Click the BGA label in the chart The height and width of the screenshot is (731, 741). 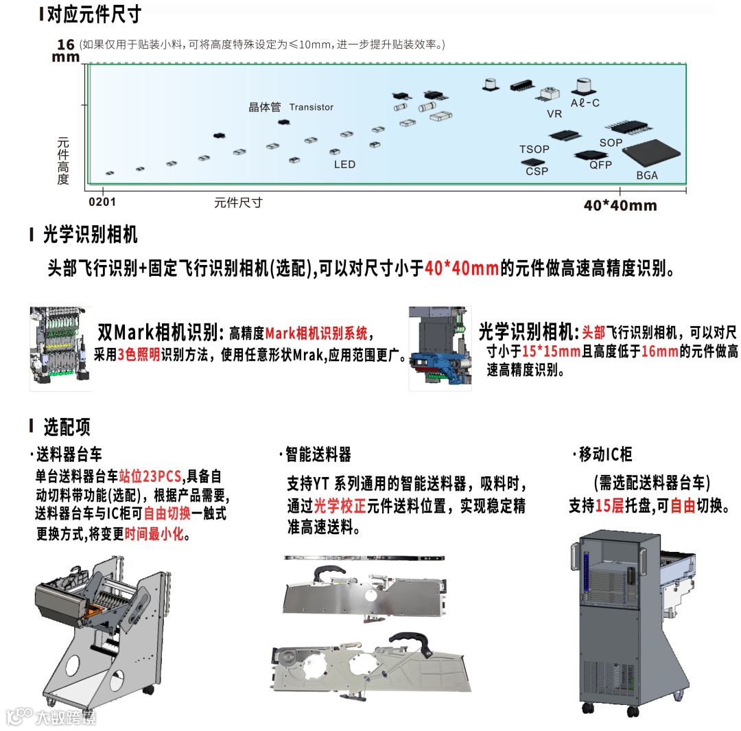(646, 176)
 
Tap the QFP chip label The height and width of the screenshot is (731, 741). (600, 165)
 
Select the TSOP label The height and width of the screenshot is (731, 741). (534, 150)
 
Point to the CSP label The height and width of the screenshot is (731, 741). (537, 171)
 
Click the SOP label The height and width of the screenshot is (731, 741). (611, 143)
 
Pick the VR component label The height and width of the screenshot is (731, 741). (554, 114)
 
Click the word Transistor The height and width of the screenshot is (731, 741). (311, 107)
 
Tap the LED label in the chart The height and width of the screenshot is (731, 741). (344, 165)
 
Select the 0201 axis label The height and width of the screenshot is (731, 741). (102, 202)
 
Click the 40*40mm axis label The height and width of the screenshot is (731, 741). (620, 205)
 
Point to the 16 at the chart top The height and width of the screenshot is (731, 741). (65, 45)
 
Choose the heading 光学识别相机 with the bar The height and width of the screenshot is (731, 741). (90, 235)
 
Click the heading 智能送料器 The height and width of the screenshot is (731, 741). (318, 454)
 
